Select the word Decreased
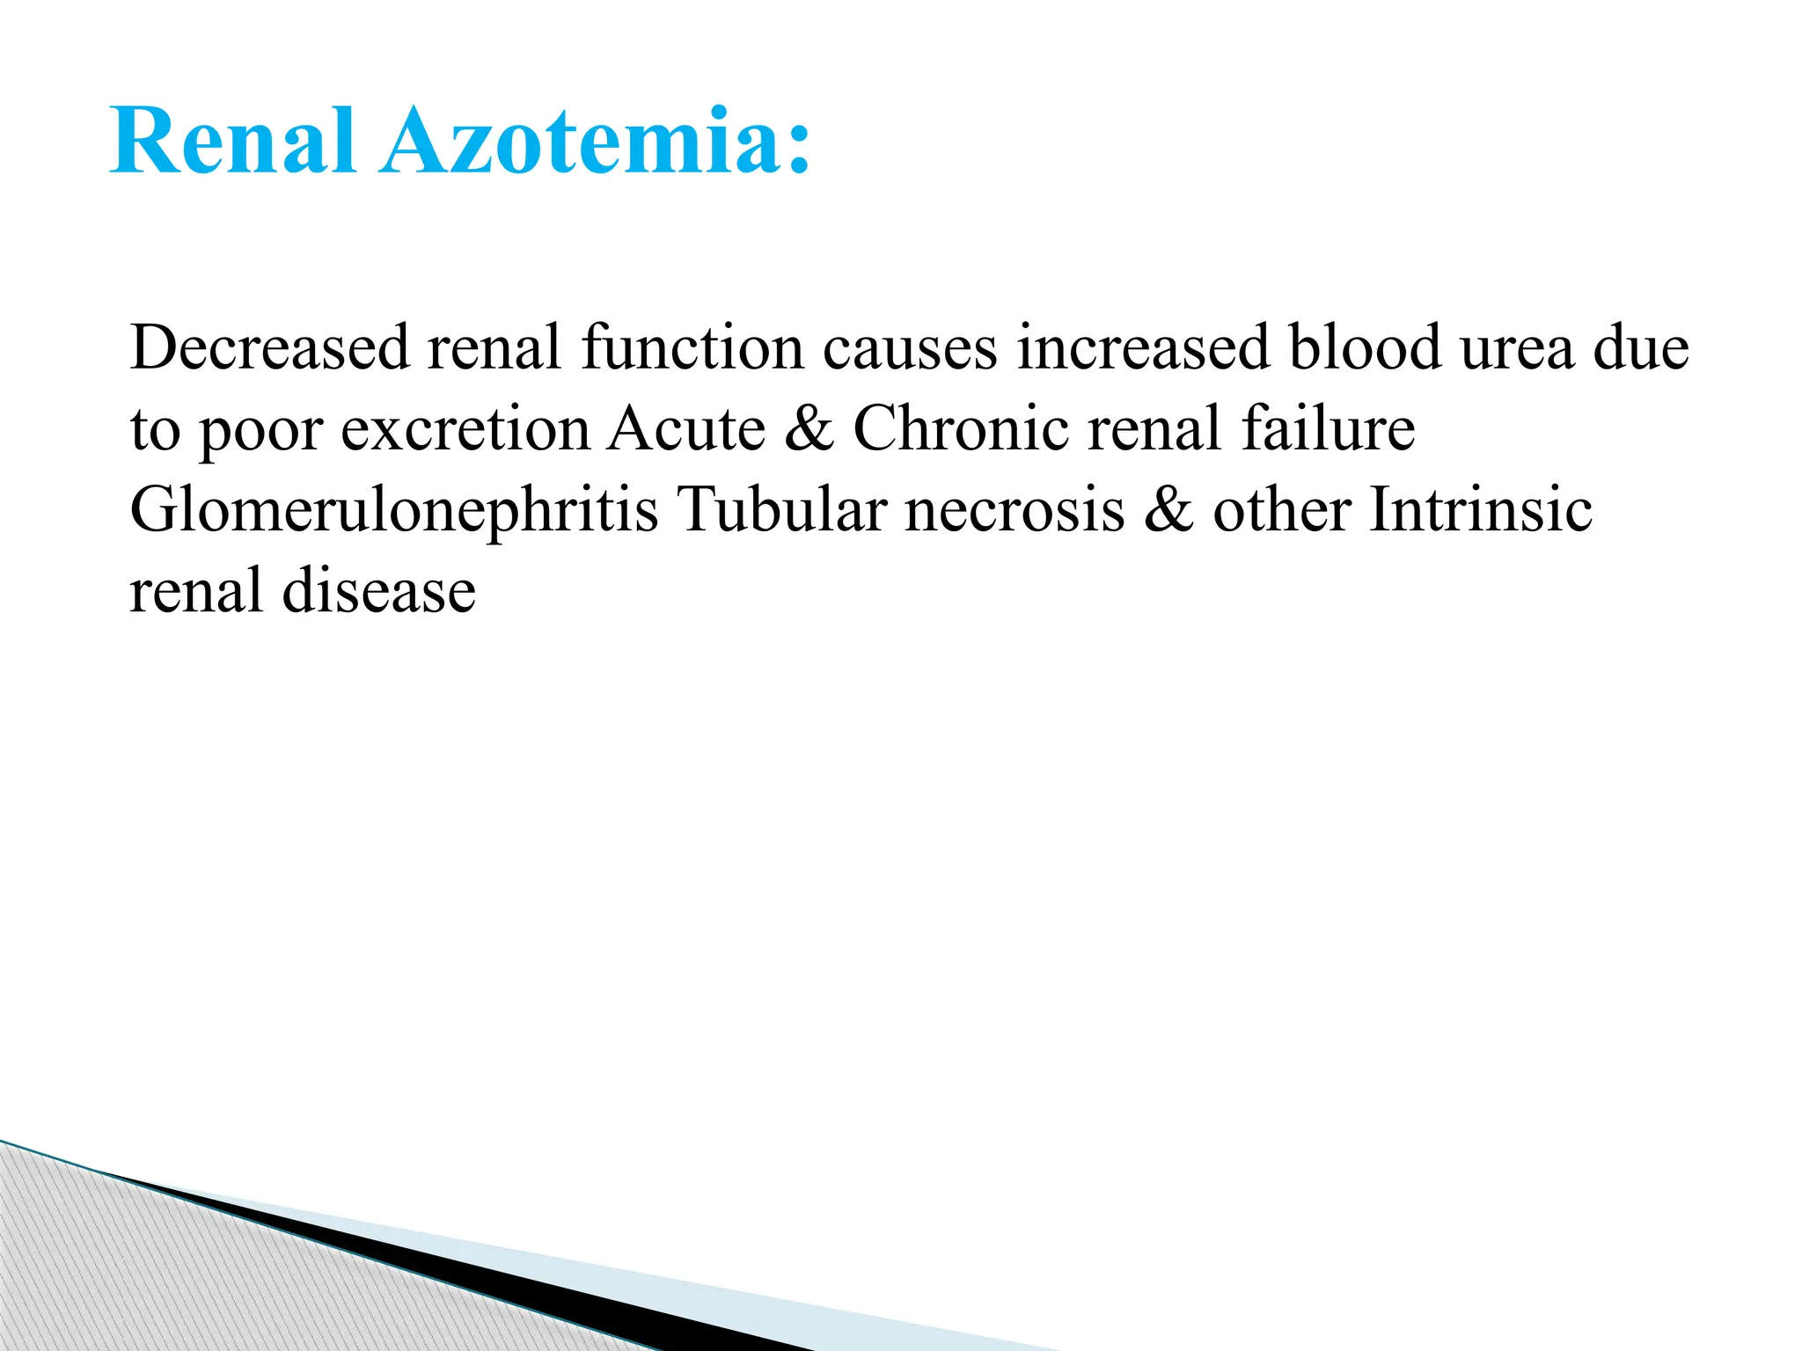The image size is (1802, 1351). (x=269, y=347)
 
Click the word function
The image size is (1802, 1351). (x=692, y=347)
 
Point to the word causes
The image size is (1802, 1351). (x=910, y=347)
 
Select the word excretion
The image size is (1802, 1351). (x=465, y=429)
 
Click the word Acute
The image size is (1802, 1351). (x=687, y=429)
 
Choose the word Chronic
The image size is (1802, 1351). (x=961, y=429)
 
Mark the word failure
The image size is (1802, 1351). (x=1328, y=429)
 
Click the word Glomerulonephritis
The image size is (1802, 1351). (x=393, y=511)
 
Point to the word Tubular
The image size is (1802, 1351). (x=781, y=510)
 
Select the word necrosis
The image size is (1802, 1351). (x=1015, y=511)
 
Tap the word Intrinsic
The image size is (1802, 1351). (x=1481, y=510)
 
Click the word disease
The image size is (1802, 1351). (x=379, y=591)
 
